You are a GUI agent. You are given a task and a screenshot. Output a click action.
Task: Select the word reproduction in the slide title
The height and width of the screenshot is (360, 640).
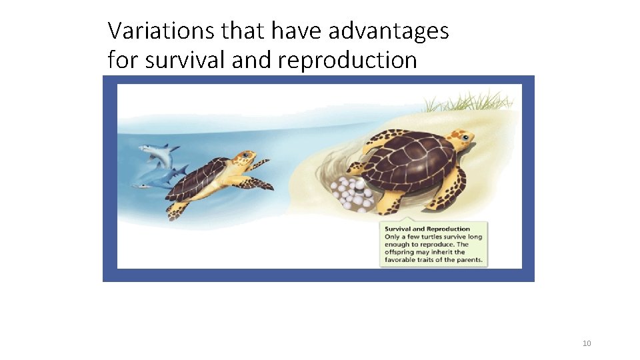click(x=347, y=61)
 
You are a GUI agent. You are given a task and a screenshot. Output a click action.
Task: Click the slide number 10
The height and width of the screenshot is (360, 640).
click(x=587, y=343)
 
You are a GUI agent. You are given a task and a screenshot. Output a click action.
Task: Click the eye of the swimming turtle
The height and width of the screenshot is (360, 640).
click(x=246, y=156)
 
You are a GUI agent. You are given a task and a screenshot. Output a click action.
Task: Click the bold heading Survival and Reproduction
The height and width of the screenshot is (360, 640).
click(x=427, y=229)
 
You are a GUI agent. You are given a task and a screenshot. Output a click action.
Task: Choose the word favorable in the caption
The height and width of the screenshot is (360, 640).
click(x=402, y=260)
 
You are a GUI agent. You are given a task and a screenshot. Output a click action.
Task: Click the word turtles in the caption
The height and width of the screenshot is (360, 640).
click(x=435, y=237)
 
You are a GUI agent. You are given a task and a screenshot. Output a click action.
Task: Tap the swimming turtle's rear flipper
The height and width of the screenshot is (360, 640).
click(x=177, y=210)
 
